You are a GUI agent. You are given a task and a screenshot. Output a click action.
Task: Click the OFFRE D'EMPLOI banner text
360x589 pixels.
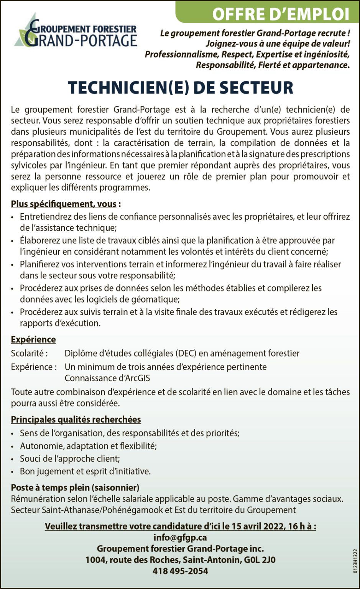click(x=280, y=14)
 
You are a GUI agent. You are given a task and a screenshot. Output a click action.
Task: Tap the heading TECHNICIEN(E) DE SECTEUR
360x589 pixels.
click(x=180, y=87)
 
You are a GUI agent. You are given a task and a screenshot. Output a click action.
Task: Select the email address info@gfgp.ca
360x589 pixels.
click(x=180, y=538)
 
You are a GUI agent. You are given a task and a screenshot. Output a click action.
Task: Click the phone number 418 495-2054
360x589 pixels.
click(x=180, y=571)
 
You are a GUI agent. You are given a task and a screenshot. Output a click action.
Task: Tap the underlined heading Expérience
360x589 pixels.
click(x=33, y=340)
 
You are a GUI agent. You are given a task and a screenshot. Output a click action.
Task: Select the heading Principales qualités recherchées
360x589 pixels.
click(x=76, y=420)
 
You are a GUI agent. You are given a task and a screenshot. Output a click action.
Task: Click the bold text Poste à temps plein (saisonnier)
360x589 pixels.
click(x=75, y=488)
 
